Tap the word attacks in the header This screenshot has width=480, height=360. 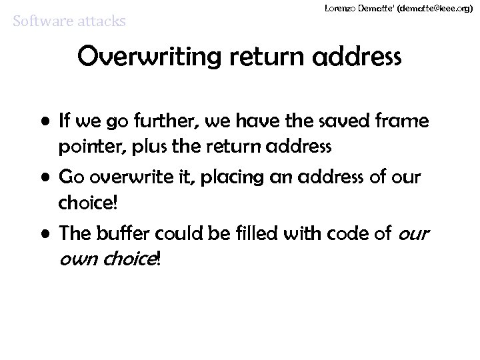pos(99,22)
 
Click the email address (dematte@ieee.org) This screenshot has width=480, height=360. pos(417,7)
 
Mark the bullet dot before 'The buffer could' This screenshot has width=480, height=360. pos(48,233)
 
